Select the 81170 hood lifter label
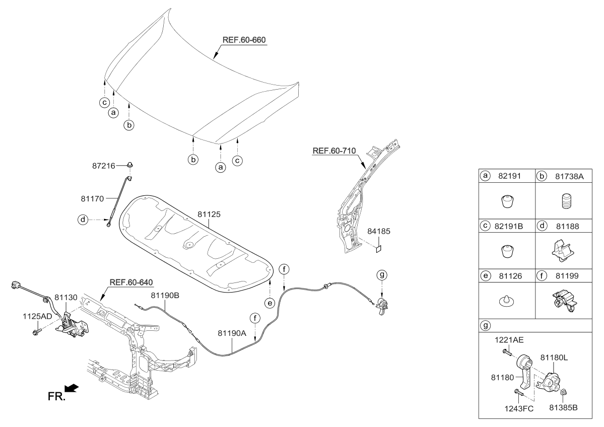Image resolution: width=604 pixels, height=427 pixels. pyautogui.click(x=93, y=199)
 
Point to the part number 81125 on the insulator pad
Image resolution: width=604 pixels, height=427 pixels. pyautogui.click(x=209, y=214)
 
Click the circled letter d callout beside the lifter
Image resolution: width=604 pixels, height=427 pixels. pyautogui.click(x=82, y=219)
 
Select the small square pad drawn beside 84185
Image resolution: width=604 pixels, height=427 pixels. pyautogui.click(x=379, y=248)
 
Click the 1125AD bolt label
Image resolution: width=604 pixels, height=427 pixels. pyautogui.click(x=37, y=316)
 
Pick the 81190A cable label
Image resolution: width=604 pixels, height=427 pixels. pyautogui.click(x=232, y=333)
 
